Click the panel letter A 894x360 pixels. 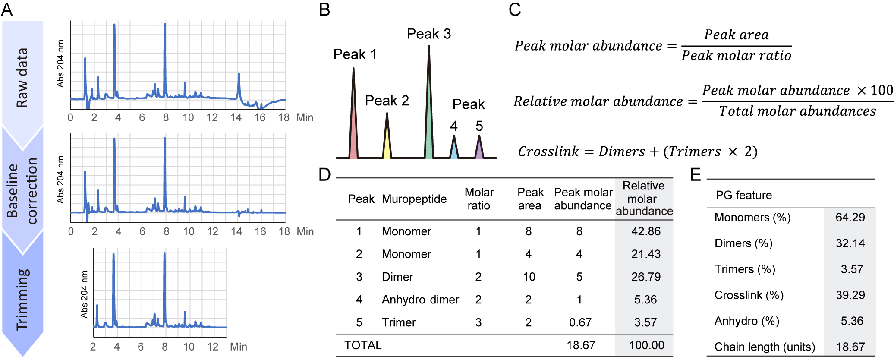click(7, 9)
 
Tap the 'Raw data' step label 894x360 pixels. click(22, 78)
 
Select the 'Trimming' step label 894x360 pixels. click(22, 300)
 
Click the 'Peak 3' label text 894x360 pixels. click(428, 34)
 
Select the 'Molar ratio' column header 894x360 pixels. click(479, 199)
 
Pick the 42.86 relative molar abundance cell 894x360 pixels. click(646, 231)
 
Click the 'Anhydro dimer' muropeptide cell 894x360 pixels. click(420, 300)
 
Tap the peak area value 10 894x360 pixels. click(529, 277)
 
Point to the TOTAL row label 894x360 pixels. click(363, 345)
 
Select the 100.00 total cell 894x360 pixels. click(646, 345)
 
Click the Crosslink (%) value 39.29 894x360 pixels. click(850, 295)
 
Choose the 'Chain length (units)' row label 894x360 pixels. click(765, 347)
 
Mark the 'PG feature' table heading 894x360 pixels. click(743, 195)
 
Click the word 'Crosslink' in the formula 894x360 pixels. click(548, 152)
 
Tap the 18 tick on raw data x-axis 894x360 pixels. click(283, 117)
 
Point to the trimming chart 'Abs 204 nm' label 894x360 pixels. click(85, 294)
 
